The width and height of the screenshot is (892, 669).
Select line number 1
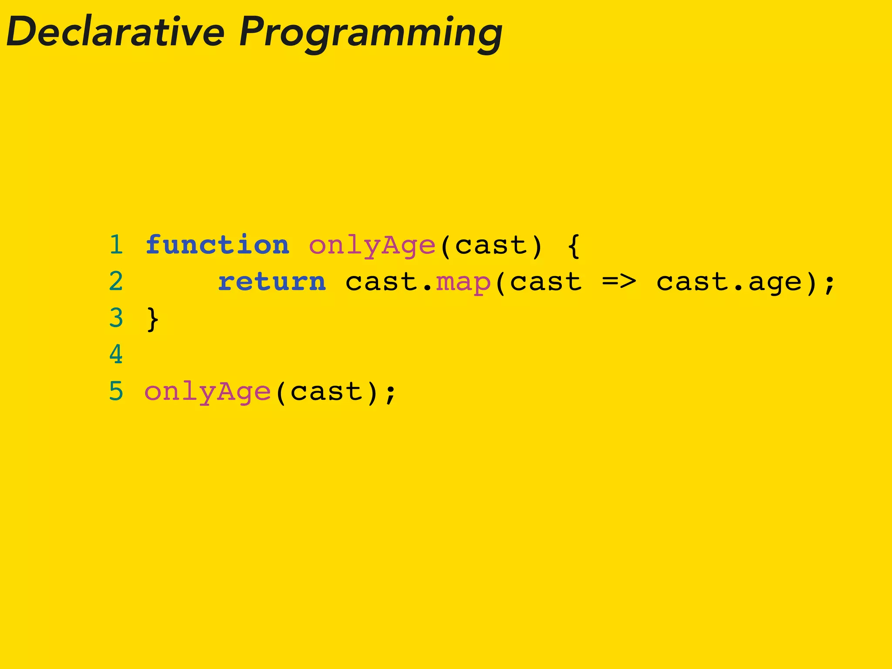coord(116,245)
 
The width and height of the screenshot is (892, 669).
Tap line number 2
coord(116,281)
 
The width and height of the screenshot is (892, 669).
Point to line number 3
coord(116,318)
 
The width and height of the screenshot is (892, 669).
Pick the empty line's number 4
coord(116,355)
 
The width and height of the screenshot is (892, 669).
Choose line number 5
coord(116,391)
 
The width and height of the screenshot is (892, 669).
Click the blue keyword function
coord(217,245)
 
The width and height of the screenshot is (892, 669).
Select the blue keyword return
coord(272,281)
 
